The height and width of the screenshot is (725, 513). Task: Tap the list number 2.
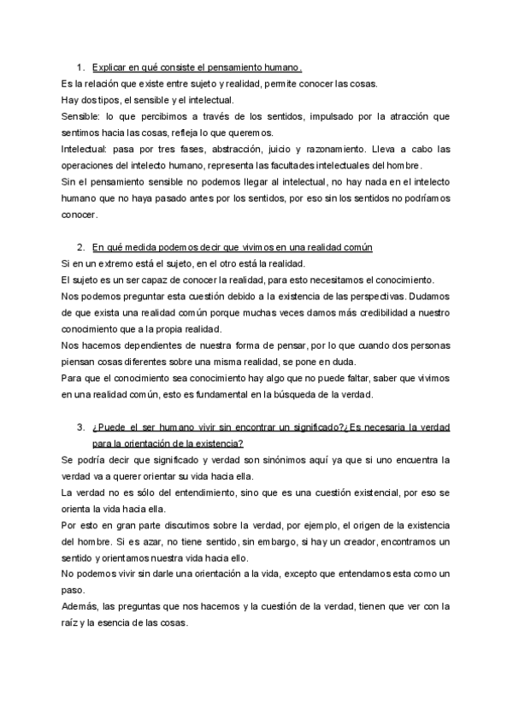tap(80, 247)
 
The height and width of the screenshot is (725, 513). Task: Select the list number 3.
tap(80, 427)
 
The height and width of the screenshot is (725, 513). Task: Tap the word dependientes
tap(149, 345)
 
